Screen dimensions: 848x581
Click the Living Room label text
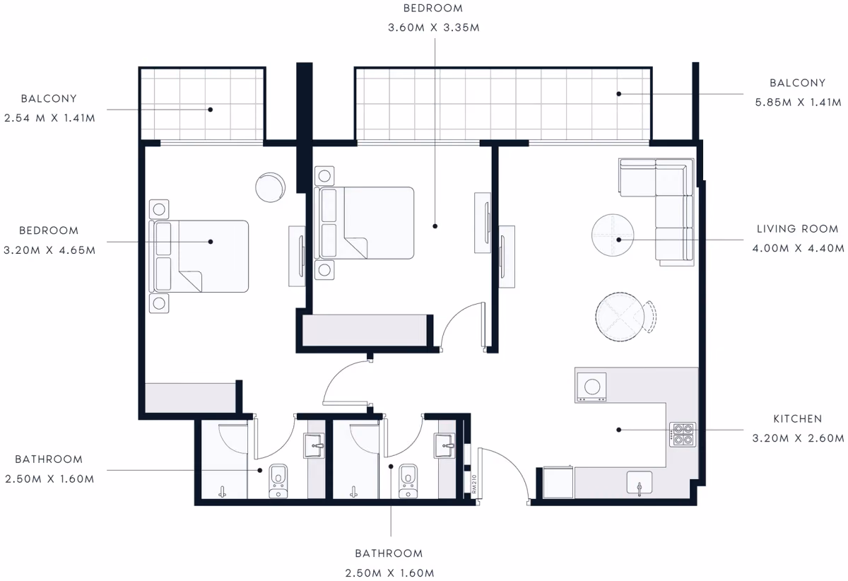(797, 229)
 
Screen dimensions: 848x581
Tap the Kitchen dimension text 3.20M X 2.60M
(798, 438)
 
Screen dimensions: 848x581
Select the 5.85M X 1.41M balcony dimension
(798, 102)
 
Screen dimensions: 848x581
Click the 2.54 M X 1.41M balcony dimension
(49, 118)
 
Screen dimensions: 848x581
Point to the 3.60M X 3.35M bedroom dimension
(434, 28)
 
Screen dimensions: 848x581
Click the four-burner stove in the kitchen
(683, 435)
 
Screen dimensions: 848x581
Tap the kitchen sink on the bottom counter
(640, 483)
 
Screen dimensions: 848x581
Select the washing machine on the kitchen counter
(591, 387)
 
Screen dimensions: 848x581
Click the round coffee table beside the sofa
(613, 235)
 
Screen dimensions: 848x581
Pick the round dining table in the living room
(620, 317)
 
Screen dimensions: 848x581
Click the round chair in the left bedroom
(270, 187)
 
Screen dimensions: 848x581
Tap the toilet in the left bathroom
(278, 481)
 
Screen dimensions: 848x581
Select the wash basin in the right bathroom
(444, 446)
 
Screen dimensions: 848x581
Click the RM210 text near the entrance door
(474, 484)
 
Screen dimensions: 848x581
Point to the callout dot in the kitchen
(618, 430)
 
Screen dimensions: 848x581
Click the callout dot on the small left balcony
(210, 110)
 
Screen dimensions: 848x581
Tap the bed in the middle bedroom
(364, 223)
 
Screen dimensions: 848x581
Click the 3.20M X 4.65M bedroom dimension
(49, 250)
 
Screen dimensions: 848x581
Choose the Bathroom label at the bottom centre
(389, 553)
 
